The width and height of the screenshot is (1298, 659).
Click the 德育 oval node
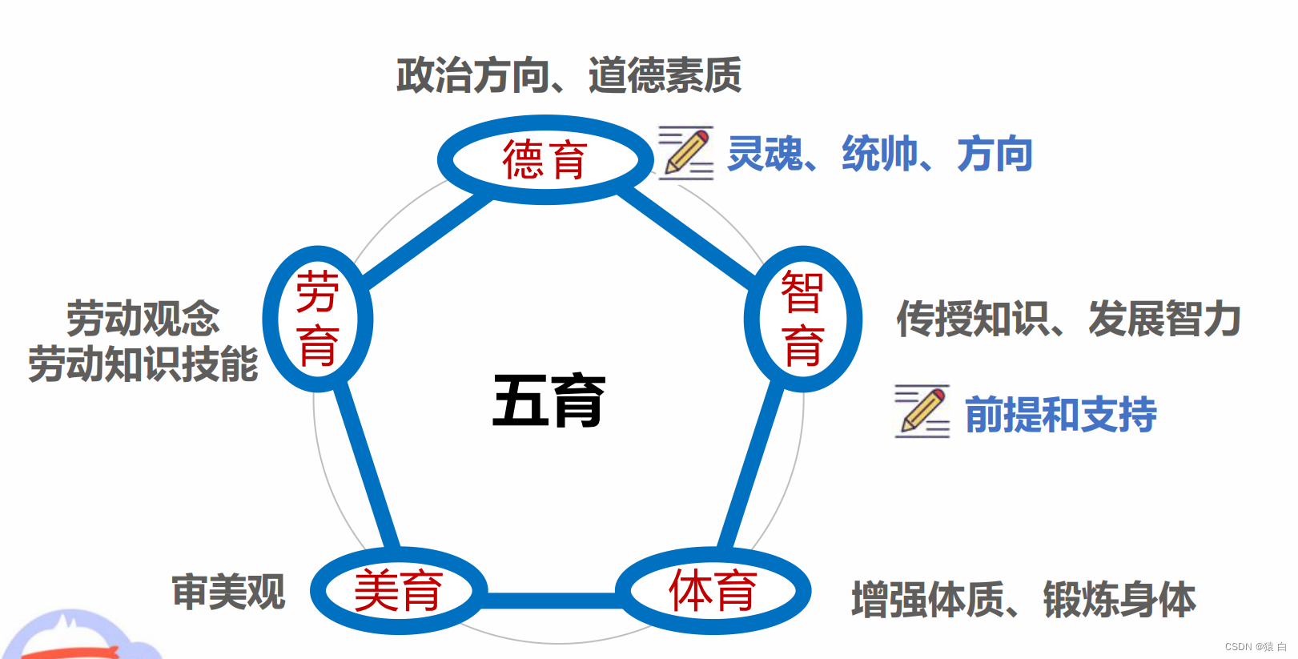tap(545, 159)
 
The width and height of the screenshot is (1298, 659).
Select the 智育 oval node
tap(802, 319)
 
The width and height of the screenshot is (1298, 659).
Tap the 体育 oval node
tap(713, 591)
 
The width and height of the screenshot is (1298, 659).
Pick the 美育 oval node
tap(399, 591)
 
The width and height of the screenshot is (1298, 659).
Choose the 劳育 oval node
tap(318, 319)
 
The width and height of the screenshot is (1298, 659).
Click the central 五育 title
tap(549, 400)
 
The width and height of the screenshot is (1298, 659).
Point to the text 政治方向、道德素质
tap(569, 75)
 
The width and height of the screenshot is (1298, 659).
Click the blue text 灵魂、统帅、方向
tap(879, 154)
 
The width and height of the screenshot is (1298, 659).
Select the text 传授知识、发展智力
tap(1068, 319)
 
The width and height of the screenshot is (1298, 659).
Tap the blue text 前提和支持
tap(1060, 415)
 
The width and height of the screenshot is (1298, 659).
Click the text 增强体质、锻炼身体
tap(1023, 600)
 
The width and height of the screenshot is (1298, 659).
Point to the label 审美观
tap(228, 593)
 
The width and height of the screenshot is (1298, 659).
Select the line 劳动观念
tap(143, 319)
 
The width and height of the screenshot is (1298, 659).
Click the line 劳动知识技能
tap(143, 364)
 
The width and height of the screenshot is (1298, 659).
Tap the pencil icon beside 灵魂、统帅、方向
tap(685, 152)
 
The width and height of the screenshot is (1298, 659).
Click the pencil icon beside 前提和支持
tap(922, 411)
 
